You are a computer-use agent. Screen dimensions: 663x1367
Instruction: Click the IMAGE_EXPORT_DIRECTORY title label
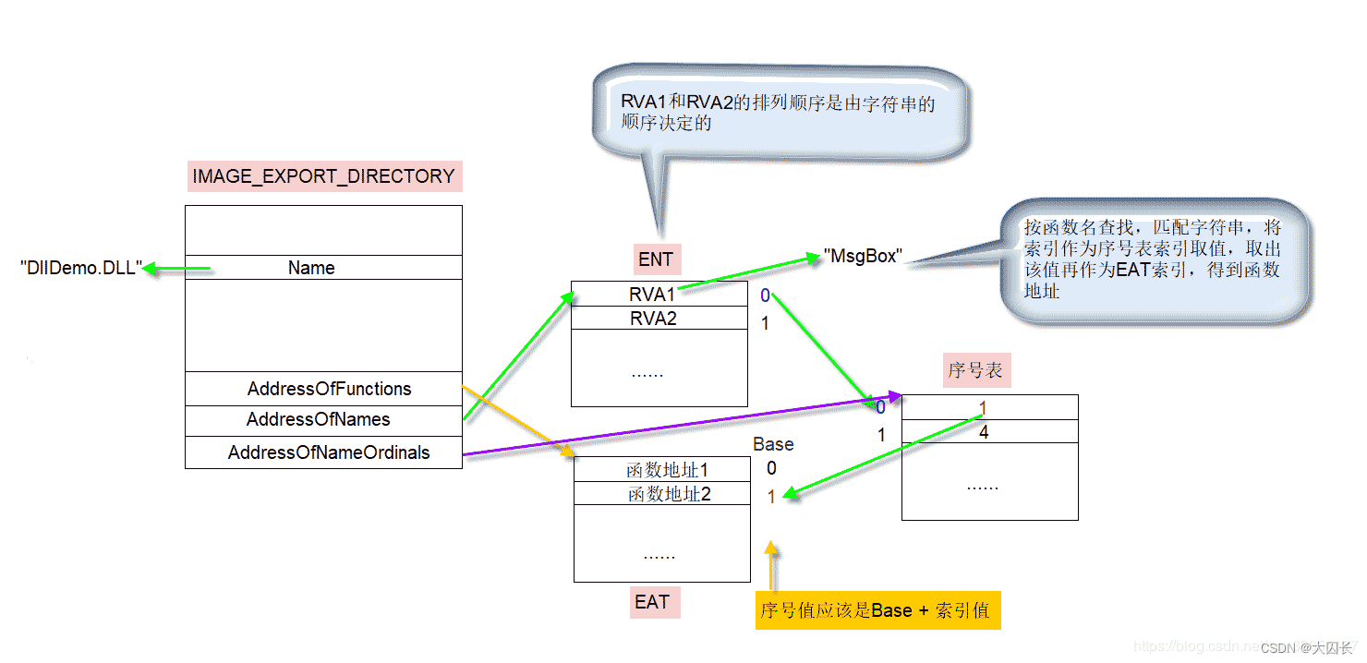323,176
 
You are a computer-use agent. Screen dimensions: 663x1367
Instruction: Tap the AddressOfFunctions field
323,389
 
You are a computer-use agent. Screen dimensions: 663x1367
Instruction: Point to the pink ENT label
656,259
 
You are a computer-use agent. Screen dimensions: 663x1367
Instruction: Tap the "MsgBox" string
861,257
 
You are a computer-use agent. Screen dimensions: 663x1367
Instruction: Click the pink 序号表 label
976,371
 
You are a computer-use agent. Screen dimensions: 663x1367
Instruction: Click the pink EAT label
651,602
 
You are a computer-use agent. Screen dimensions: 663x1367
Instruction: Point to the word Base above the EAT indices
773,444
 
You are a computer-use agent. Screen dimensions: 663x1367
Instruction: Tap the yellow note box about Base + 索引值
877,610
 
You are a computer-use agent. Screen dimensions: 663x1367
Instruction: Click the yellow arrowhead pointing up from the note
771,548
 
